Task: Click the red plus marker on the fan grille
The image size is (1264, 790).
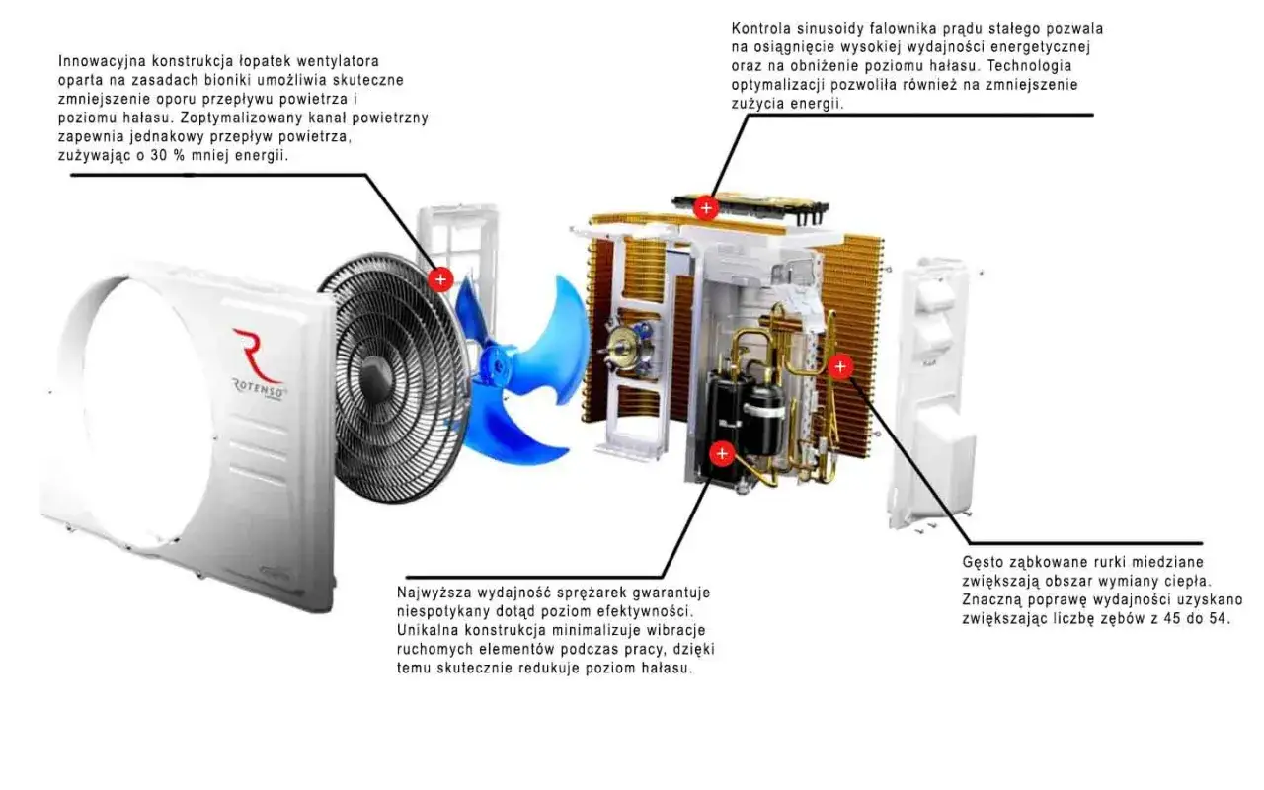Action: [x=440, y=279]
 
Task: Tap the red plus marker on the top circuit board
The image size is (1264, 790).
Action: [x=706, y=208]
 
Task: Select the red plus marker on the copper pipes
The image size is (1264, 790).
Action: [x=840, y=366]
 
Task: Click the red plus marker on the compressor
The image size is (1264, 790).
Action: [x=722, y=453]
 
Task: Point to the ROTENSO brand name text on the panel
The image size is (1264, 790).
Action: [x=261, y=389]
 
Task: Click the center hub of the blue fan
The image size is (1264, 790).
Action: [x=497, y=365]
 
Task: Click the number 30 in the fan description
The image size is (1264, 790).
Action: [x=159, y=156]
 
